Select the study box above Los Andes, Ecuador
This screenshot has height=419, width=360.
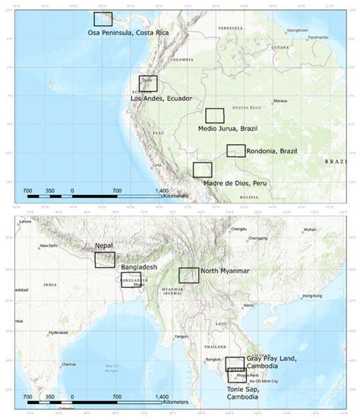click(147, 83)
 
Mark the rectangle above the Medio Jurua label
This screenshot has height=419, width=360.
click(216, 115)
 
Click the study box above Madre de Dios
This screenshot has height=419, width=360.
click(202, 169)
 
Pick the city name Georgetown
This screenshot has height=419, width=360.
click(298, 30)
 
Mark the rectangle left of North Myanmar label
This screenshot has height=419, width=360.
click(188, 276)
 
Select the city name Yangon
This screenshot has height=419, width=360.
click(180, 336)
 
